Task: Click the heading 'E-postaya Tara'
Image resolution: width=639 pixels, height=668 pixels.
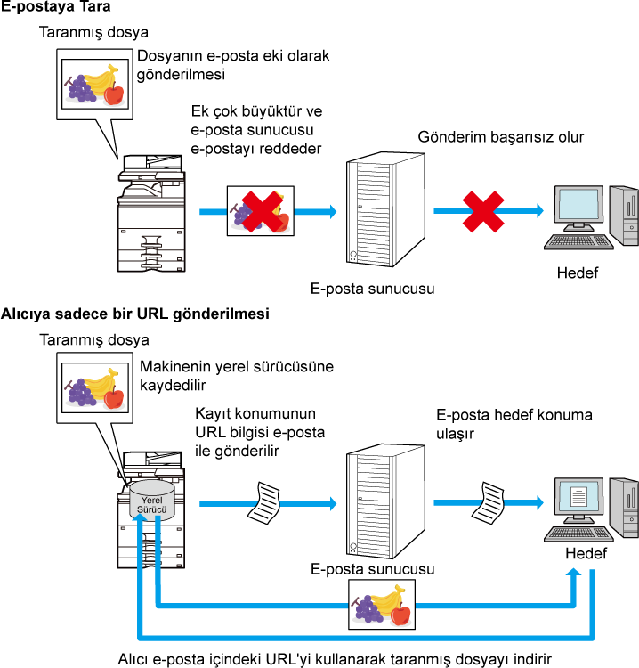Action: click(x=55, y=6)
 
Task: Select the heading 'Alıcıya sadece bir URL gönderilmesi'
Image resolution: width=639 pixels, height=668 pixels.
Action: click(x=135, y=314)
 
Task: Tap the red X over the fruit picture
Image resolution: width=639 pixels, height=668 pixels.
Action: click(x=263, y=211)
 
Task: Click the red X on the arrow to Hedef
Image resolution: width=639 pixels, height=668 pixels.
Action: click(x=483, y=211)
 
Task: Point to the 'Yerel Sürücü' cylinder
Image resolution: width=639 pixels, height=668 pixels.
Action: click(x=151, y=501)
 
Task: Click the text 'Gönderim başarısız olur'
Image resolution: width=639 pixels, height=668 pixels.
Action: click(x=501, y=137)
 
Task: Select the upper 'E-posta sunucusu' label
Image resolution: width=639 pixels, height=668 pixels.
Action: click(x=373, y=289)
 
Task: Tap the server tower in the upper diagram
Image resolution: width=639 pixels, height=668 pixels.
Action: click(x=385, y=209)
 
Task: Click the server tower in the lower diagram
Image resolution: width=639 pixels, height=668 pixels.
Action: click(x=385, y=501)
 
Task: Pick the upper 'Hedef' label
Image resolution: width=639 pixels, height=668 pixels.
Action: click(x=578, y=273)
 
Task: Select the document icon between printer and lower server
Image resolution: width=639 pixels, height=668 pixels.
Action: click(x=264, y=503)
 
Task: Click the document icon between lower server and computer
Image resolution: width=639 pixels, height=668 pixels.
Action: click(x=488, y=502)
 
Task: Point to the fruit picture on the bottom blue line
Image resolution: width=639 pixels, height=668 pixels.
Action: click(x=382, y=605)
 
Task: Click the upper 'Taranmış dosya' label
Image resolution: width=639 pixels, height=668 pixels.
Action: click(x=93, y=32)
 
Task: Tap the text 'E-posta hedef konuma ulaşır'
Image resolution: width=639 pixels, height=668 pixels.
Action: click(x=514, y=424)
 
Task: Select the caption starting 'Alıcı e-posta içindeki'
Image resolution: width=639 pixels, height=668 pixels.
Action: click(x=335, y=659)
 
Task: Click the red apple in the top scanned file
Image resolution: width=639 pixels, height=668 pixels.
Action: click(x=114, y=94)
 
